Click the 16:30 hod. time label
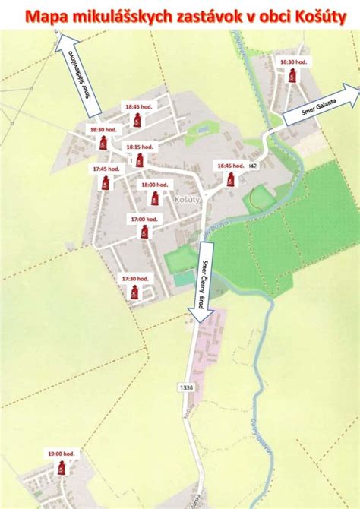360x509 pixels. coord(292,62)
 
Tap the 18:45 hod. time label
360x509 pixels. coord(138,107)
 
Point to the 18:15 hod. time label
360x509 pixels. coord(139,147)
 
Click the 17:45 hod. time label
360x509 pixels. coord(106,169)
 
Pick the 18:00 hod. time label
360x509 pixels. coord(154,184)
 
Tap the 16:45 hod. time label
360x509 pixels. coord(229,165)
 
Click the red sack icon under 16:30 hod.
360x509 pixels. coord(292,75)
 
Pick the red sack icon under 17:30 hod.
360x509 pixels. coord(134,292)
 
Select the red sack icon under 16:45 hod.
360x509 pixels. coord(229,179)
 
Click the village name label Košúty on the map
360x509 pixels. coord(185,197)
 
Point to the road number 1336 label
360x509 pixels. coord(187,387)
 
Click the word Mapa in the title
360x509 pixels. coord(46,14)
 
